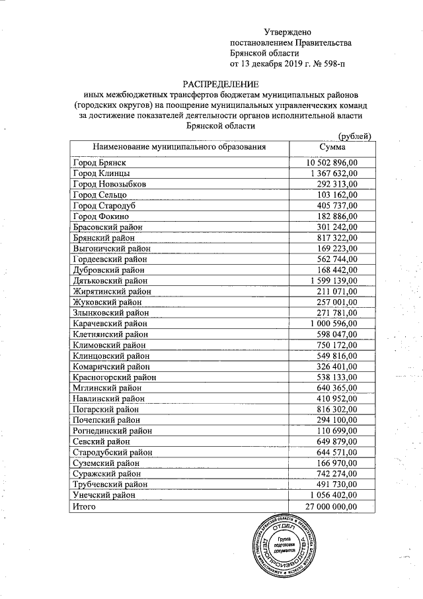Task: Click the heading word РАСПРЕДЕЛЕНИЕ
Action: (220, 84)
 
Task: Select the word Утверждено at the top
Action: (288, 32)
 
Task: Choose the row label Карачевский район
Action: (110, 324)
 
